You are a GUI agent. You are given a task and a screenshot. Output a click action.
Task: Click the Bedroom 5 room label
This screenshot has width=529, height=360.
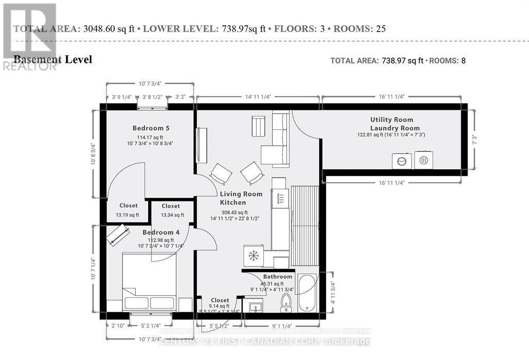pos(151,128)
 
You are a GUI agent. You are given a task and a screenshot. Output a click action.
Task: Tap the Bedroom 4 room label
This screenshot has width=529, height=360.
pos(161,232)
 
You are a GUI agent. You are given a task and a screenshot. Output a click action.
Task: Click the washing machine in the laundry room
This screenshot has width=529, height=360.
pos(402,161)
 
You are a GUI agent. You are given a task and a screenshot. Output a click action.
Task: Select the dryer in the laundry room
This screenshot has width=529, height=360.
pos(423,160)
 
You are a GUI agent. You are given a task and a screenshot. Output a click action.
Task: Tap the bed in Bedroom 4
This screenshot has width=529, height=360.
pos(149,281)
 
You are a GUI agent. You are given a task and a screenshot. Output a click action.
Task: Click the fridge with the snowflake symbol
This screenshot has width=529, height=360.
pos(253,256)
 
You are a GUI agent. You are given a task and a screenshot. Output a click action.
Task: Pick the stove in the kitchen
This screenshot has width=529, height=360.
pos(279,197)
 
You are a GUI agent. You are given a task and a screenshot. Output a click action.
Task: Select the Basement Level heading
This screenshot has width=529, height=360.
pos(52,59)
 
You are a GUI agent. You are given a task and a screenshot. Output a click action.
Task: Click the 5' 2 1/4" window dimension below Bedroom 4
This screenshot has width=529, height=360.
pos(151,326)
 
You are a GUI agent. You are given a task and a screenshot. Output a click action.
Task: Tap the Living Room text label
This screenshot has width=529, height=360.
pos(241,194)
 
